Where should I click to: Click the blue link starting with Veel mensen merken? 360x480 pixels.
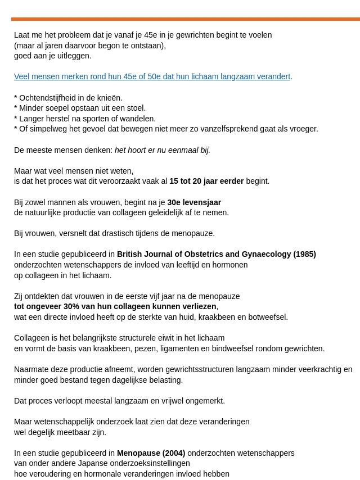(152, 76)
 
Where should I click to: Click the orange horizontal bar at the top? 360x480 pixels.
(185, 19)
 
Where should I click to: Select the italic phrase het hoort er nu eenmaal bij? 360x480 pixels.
(162, 150)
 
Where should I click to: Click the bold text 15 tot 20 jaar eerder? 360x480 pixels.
(206, 181)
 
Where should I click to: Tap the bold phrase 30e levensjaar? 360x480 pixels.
(194, 202)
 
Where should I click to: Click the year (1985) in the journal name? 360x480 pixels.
(304, 254)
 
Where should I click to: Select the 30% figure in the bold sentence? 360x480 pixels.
(71, 306)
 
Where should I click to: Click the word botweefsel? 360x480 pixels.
(268, 317)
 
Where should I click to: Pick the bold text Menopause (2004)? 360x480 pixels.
(151, 453)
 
